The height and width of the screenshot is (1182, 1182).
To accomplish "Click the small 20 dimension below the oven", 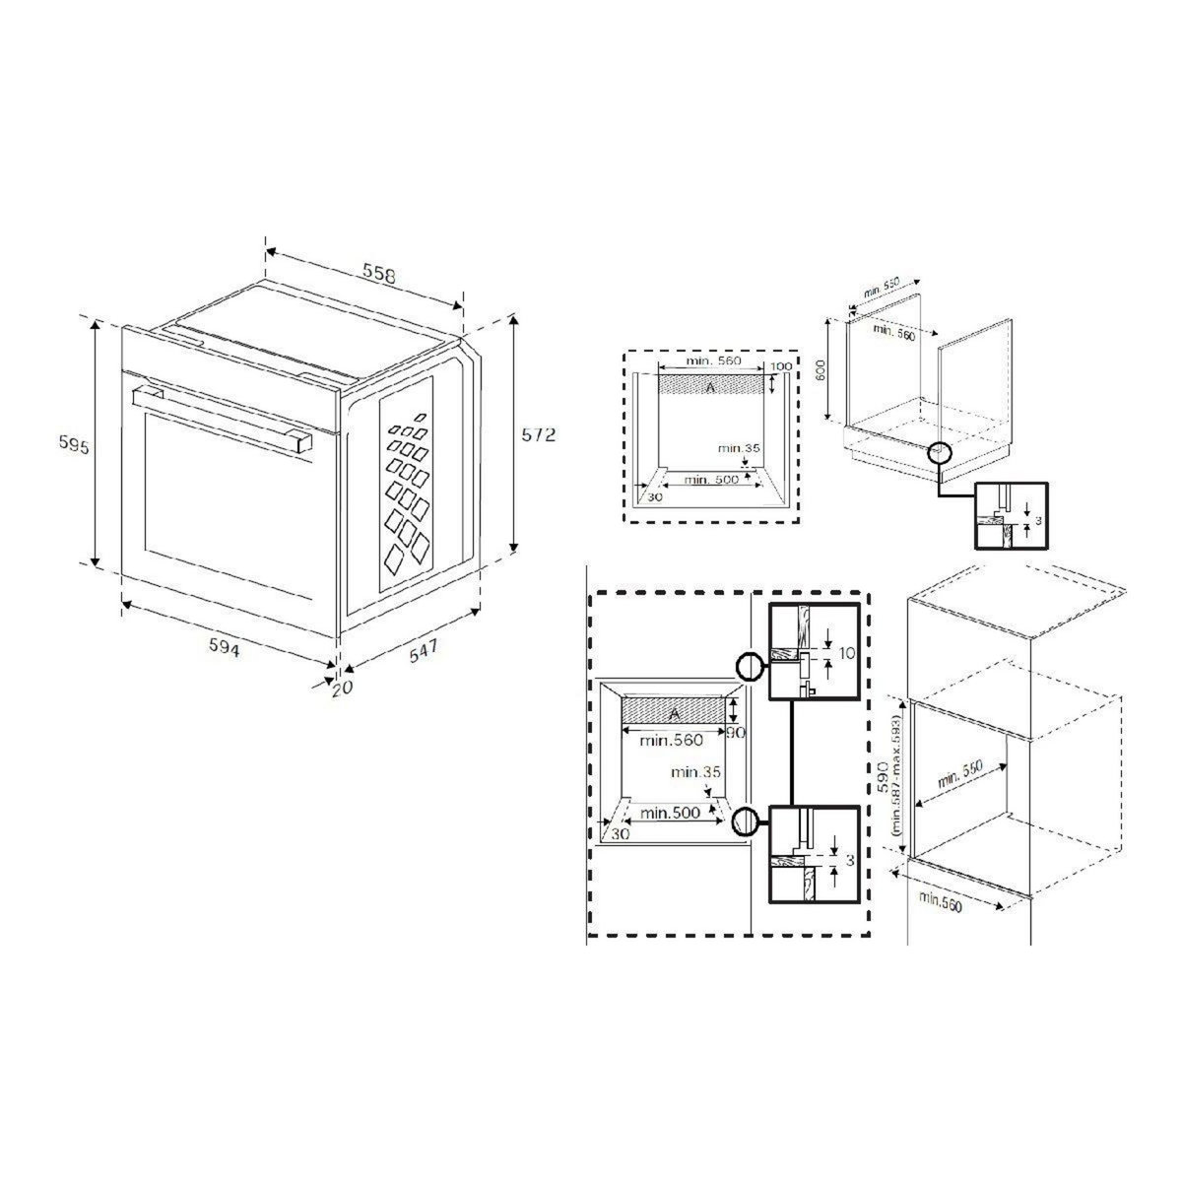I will tap(342, 689).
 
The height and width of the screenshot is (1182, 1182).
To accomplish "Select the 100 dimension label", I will tap(781, 367).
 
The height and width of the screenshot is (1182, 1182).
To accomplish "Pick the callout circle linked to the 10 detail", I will tap(750, 667).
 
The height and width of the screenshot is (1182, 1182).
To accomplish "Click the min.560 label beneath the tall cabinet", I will tap(940, 901).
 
